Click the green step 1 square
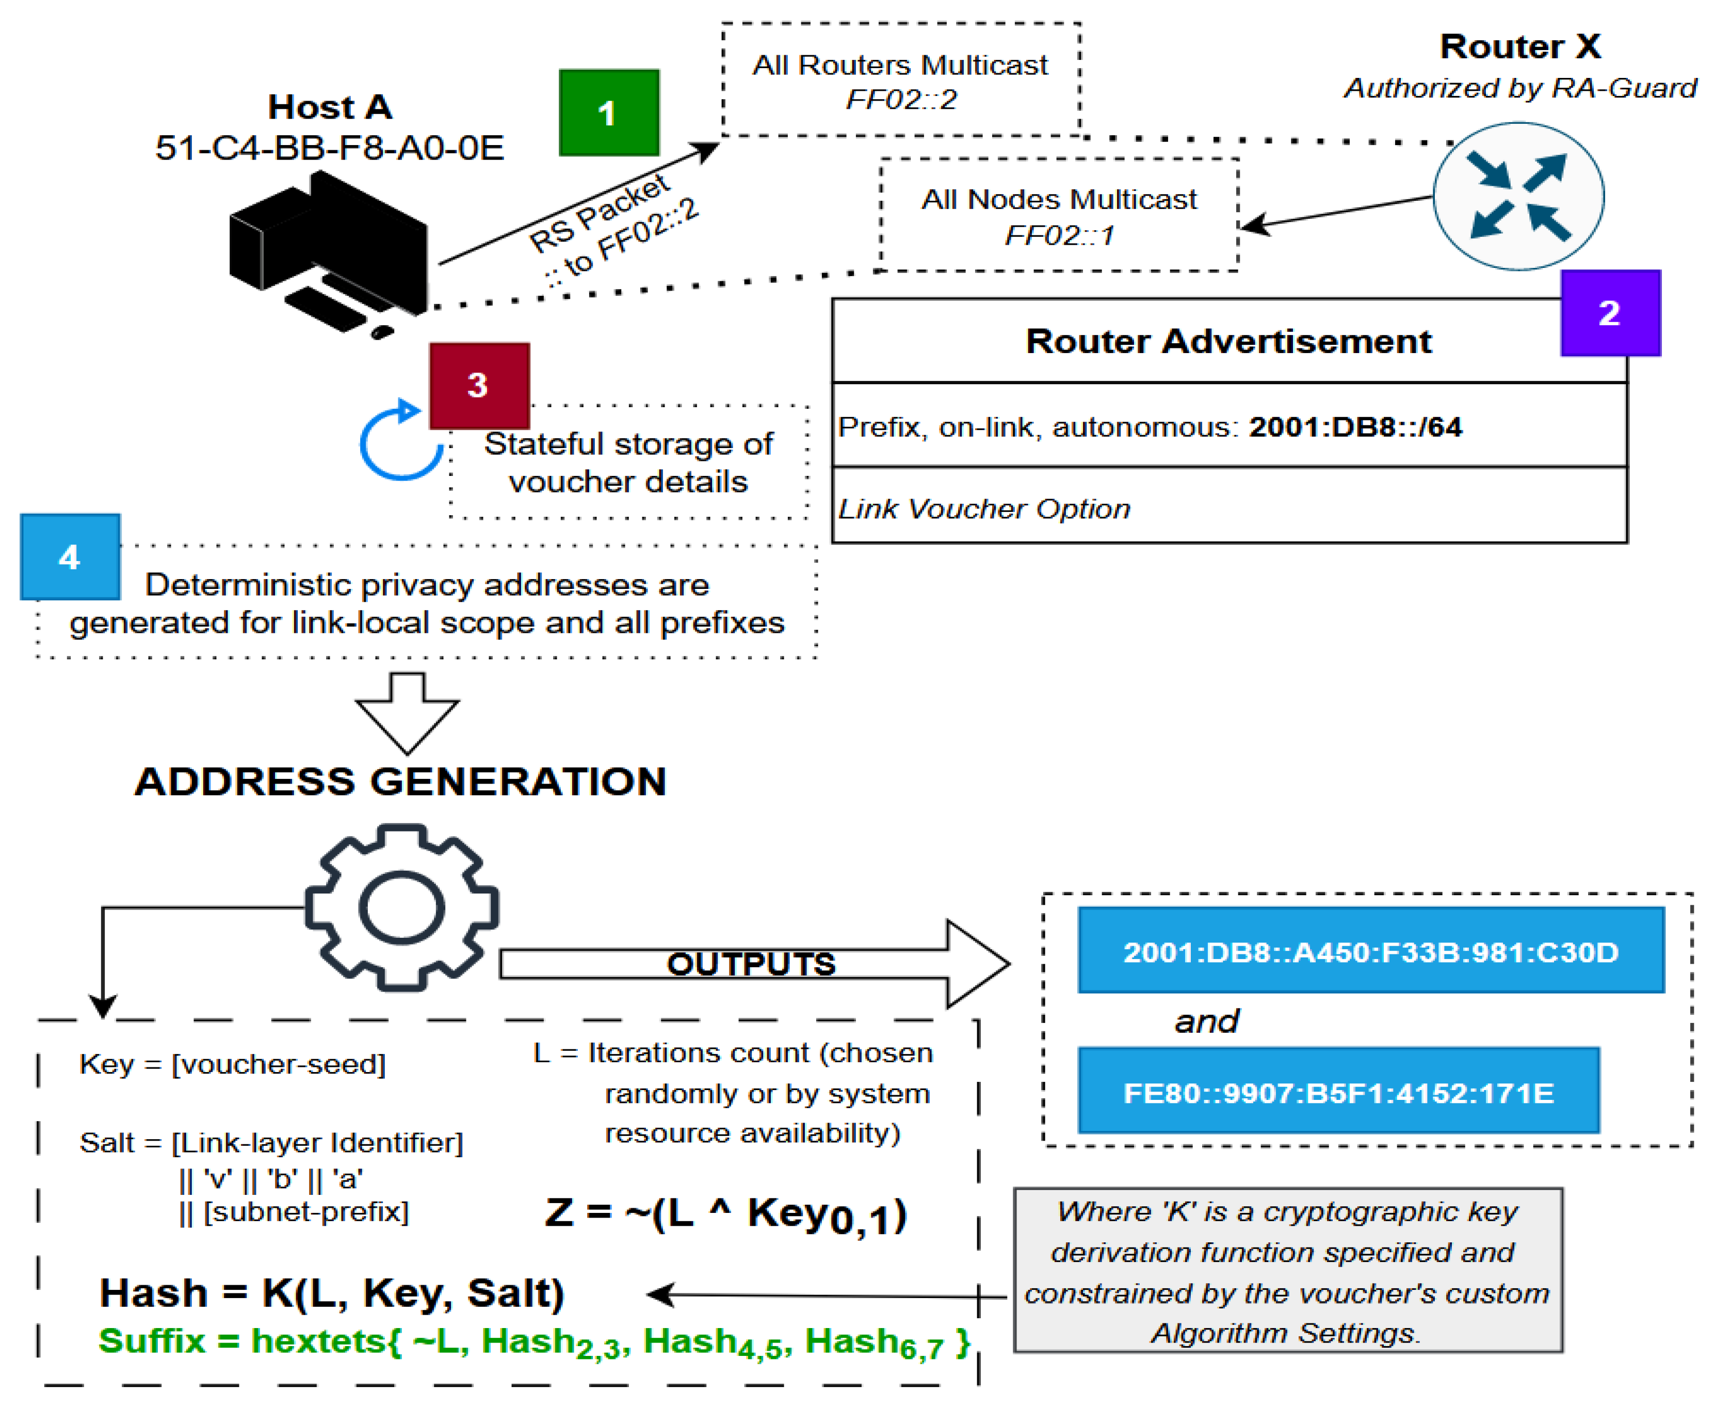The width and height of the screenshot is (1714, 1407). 608,113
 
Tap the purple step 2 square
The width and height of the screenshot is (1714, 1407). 1609,313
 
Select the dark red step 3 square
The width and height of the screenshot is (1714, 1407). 479,386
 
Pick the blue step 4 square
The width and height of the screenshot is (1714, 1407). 71,557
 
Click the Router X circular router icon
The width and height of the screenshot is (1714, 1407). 1518,196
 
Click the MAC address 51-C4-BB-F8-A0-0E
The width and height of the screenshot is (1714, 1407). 330,148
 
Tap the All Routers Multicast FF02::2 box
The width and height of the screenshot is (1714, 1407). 901,80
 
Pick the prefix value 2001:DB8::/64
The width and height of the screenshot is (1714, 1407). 1354,427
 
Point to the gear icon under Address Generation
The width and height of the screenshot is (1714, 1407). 402,908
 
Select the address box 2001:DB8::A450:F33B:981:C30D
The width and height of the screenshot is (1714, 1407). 1370,951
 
